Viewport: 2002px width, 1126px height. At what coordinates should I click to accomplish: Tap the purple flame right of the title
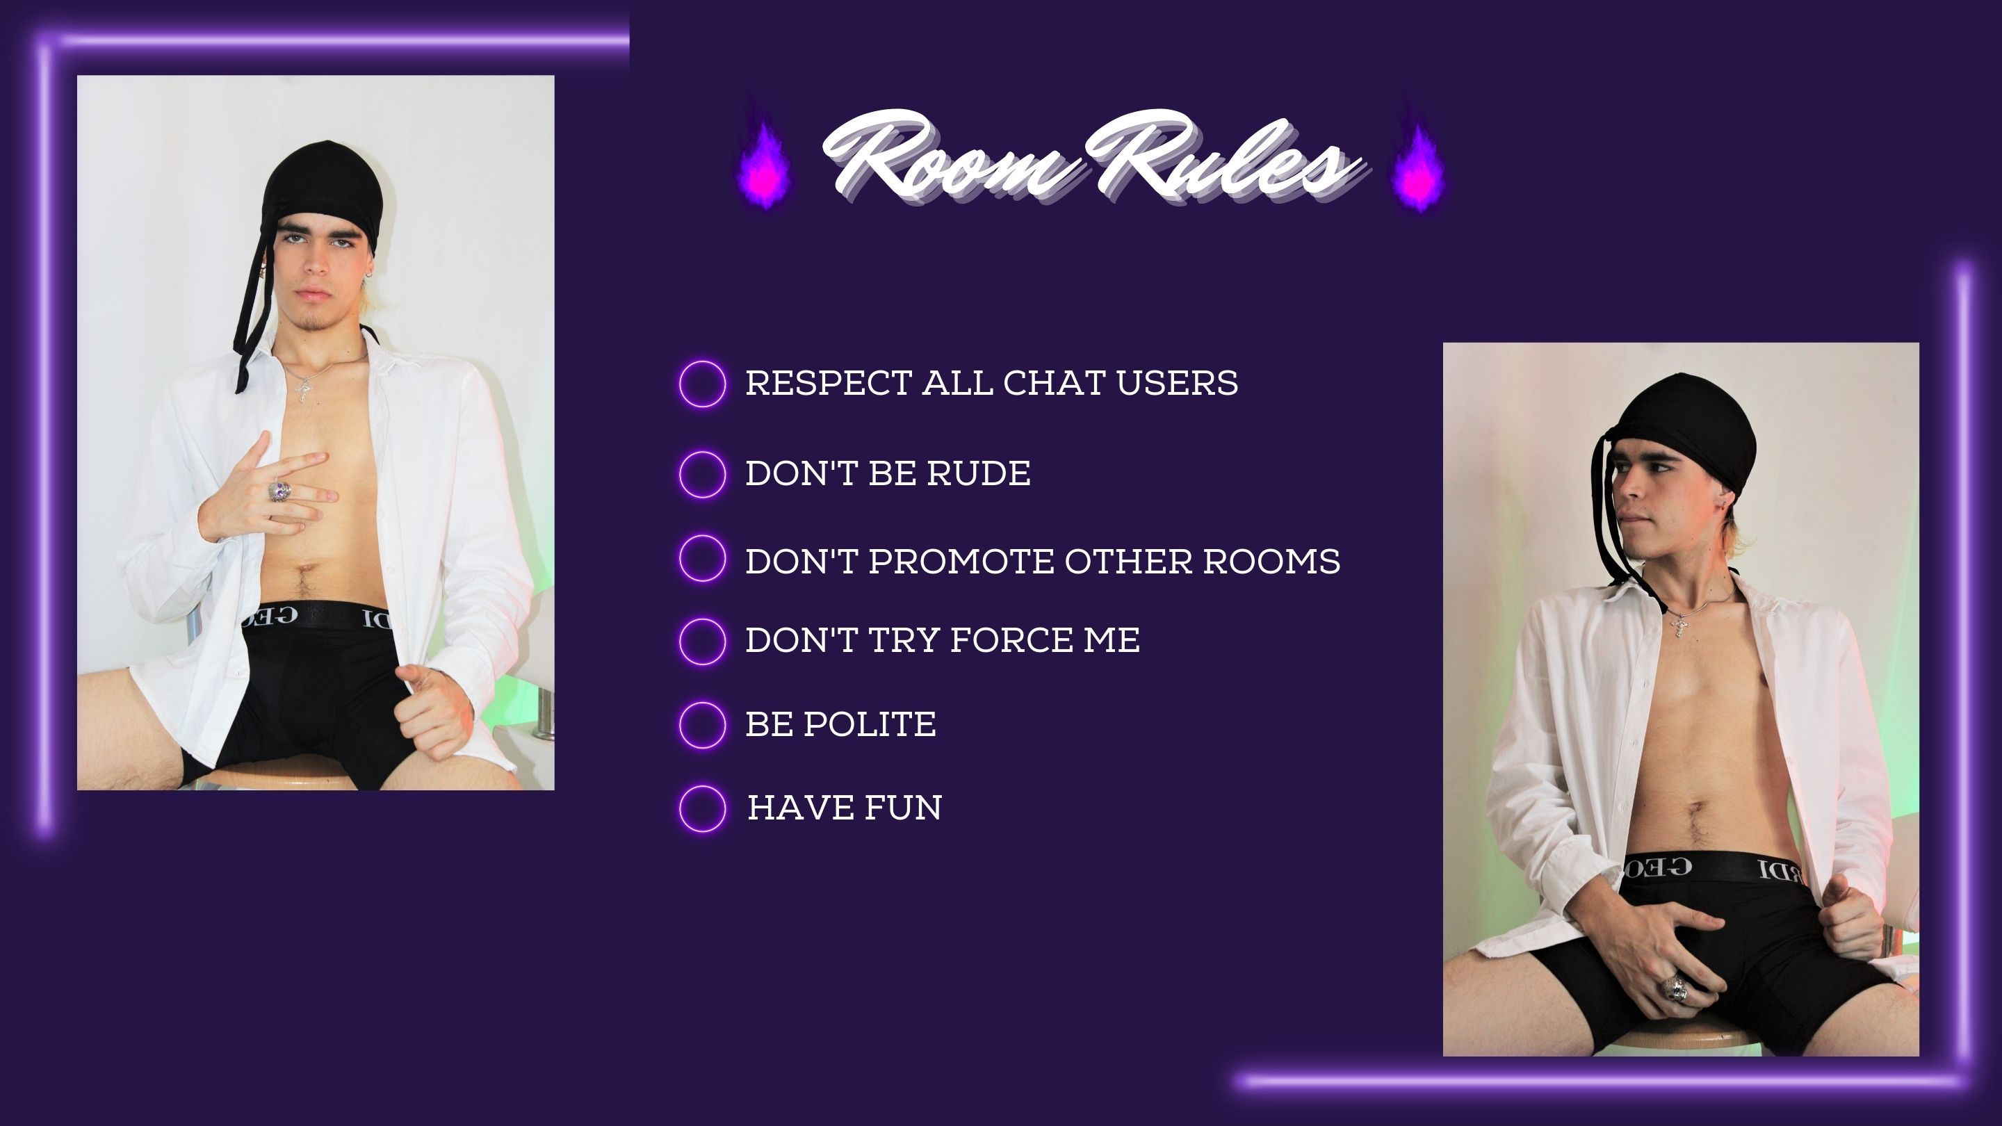coord(1419,166)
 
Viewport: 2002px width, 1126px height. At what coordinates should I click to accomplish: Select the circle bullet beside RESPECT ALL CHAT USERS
coord(703,383)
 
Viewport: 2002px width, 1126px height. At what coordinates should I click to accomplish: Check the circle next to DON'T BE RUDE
coord(703,474)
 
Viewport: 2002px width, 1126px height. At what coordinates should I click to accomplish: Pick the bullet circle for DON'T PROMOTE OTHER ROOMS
coord(703,558)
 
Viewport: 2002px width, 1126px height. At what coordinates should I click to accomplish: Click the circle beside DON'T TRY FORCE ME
coord(703,642)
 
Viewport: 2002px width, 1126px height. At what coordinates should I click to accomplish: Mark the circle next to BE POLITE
coord(703,725)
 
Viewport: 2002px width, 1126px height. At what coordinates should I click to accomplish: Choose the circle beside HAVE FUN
coord(703,809)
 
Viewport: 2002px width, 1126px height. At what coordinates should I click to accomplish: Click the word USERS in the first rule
coord(1177,383)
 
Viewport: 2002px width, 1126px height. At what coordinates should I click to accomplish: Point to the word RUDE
coord(979,473)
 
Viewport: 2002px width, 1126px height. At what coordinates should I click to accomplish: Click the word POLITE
coord(869,724)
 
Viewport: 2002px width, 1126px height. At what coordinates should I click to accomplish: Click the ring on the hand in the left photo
coord(279,491)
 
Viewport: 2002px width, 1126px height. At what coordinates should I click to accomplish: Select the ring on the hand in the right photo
coord(1674,989)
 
